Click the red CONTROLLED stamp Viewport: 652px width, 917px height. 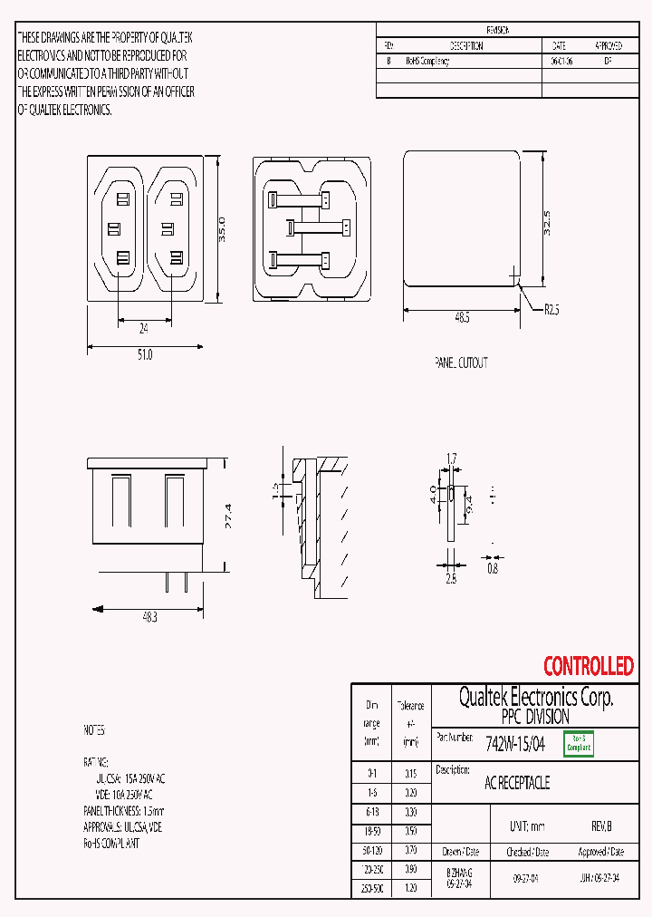point(588,667)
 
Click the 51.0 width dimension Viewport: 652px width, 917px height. point(145,355)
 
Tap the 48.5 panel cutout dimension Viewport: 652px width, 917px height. point(461,318)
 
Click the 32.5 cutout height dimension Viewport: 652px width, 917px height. point(547,223)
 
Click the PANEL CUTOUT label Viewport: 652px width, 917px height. point(461,362)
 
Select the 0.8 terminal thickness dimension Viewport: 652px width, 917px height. point(492,568)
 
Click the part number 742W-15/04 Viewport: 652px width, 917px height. point(515,744)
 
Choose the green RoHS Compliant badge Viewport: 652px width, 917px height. point(579,744)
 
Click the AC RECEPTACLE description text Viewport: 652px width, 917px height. point(517,783)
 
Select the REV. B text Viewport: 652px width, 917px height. point(601,827)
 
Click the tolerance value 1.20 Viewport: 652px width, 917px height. point(410,889)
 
